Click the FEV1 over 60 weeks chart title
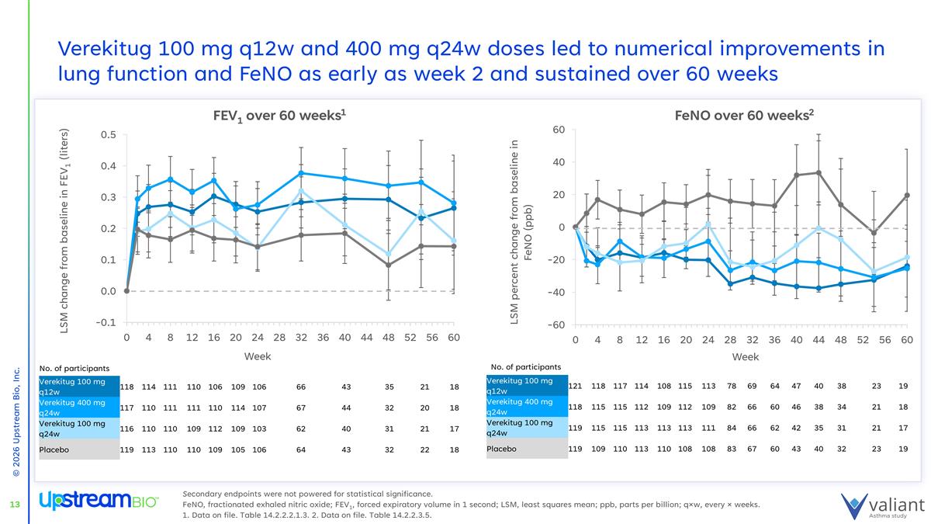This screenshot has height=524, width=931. pos(279,115)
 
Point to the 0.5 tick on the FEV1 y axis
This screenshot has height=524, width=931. pos(108,135)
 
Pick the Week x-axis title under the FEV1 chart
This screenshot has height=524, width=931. pos(258,356)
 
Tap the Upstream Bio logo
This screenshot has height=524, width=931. pos(99,501)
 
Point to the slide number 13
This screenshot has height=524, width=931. pos(14,506)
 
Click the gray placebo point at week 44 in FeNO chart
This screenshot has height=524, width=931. pos(819,172)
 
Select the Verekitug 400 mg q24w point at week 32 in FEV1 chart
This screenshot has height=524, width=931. pos(301,173)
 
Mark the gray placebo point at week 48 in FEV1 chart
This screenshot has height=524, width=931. pos(388,265)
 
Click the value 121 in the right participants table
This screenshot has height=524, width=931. pos(576,386)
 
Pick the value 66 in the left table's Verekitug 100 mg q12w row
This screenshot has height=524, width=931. pos(302,386)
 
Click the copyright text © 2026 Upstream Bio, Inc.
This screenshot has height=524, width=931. pos(16,423)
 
